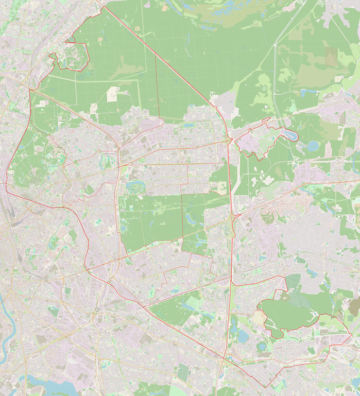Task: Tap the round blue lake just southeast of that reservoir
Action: click(313, 146)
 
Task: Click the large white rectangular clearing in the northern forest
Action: click(112, 94)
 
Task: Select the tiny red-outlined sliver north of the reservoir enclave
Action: click(265, 120)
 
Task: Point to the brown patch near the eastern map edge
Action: click(354, 307)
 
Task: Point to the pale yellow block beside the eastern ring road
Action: click(221, 188)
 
